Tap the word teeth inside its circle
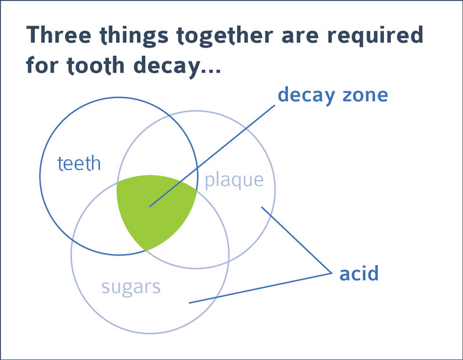(x=79, y=163)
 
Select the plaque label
(x=234, y=181)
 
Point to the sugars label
(x=131, y=287)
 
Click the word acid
(x=359, y=273)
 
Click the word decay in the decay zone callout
(x=307, y=96)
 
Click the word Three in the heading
(x=59, y=35)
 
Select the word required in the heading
(x=375, y=35)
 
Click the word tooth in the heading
(x=96, y=66)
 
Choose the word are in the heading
(x=300, y=37)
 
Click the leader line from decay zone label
(x=212, y=156)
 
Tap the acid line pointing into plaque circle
(x=296, y=240)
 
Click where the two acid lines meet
(x=331, y=273)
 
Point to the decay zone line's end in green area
(x=150, y=207)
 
